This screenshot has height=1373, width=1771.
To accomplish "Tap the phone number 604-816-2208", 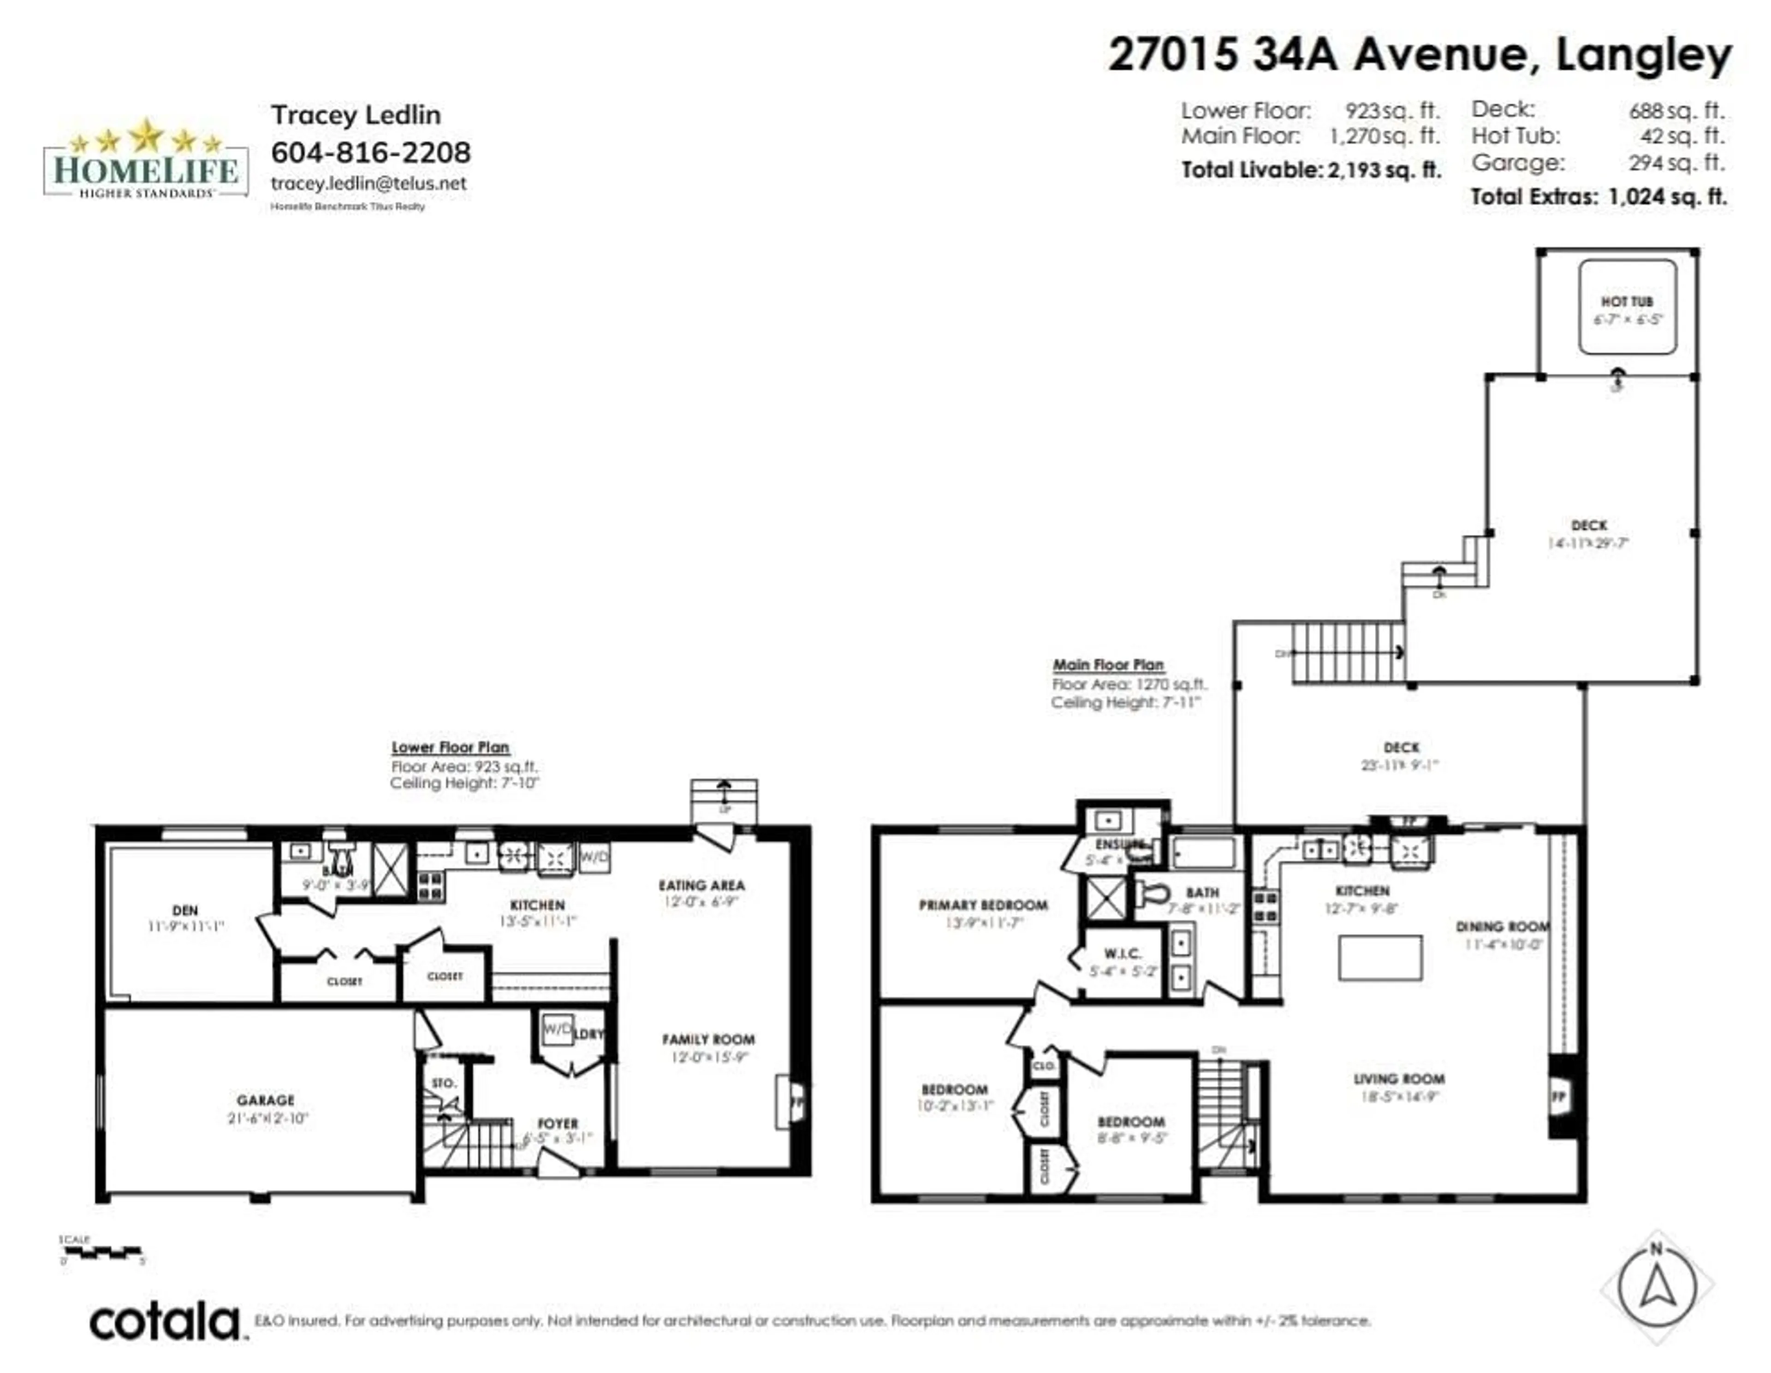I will [x=371, y=152].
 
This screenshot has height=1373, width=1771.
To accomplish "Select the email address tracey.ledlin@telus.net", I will [x=369, y=183].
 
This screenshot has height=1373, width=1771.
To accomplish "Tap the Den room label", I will [x=185, y=910].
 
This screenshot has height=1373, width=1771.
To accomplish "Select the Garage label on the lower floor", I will [x=265, y=1100].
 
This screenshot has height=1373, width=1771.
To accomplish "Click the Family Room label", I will [x=708, y=1039].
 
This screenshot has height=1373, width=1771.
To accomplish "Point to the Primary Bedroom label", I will [x=983, y=905].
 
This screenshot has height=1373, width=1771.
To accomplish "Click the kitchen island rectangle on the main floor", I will [x=1380, y=958].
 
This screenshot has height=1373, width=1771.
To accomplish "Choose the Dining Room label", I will [x=1502, y=926].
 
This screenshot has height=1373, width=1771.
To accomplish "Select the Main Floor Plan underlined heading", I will [x=1108, y=665].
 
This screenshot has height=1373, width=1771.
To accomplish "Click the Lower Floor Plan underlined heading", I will [x=450, y=747].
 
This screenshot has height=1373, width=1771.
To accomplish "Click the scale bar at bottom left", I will [x=103, y=1252].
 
